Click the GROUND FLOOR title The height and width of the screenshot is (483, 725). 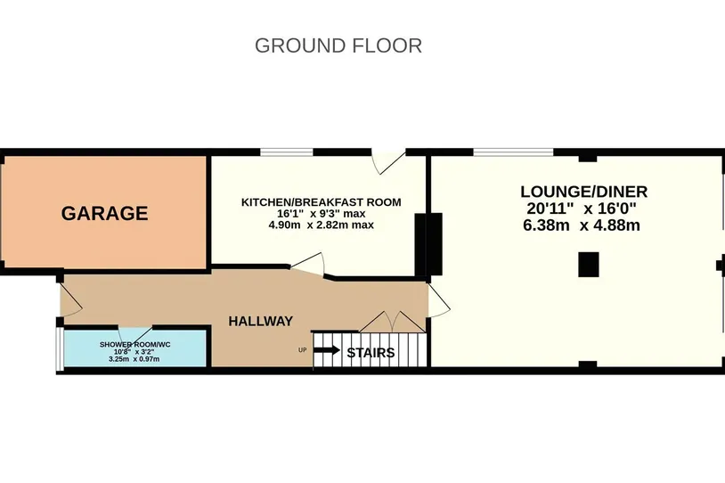pyautogui.click(x=338, y=45)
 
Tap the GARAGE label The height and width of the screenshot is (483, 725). pyautogui.click(x=104, y=213)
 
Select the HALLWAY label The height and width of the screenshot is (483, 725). pyautogui.click(x=261, y=321)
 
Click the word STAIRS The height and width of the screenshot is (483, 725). pyautogui.click(x=371, y=353)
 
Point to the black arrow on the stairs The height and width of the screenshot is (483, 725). pyautogui.click(x=327, y=349)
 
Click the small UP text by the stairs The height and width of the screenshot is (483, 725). pyautogui.click(x=303, y=350)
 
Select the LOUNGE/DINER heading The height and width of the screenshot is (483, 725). pyautogui.click(x=584, y=192)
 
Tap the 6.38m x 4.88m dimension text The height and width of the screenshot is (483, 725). pyautogui.click(x=582, y=225)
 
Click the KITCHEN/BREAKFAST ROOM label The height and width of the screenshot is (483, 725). pyautogui.click(x=322, y=202)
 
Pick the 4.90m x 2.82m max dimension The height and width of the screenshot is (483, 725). pyautogui.click(x=322, y=225)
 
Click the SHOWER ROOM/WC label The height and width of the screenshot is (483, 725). pyautogui.click(x=135, y=345)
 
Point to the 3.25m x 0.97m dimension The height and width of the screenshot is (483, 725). pyautogui.click(x=134, y=358)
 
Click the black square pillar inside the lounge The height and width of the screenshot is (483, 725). pyautogui.click(x=589, y=265)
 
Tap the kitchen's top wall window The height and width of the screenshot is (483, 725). pyautogui.click(x=287, y=152)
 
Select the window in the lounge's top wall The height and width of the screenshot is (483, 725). pyautogui.click(x=513, y=152)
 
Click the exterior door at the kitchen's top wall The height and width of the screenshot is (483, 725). pyautogui.click(x=388, y=162)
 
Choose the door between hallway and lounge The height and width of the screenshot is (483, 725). pyautogui.click(x=438, y=300)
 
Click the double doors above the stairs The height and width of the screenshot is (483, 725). pyautogui.click(x=392, y=322)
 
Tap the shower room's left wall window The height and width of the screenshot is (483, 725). pyautogui.click(x=60, y=349)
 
